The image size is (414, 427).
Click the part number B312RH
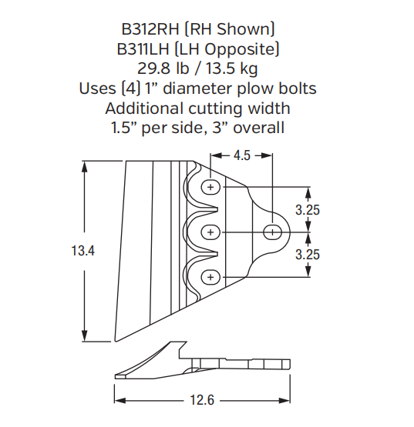click(152, 30)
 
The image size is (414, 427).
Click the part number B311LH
click(149, 49)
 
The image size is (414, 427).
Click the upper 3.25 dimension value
click(308, 209)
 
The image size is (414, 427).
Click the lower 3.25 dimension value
click(308, 254)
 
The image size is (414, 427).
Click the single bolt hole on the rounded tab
click(272, 232)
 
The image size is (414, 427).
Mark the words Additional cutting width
click(197, 108)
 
